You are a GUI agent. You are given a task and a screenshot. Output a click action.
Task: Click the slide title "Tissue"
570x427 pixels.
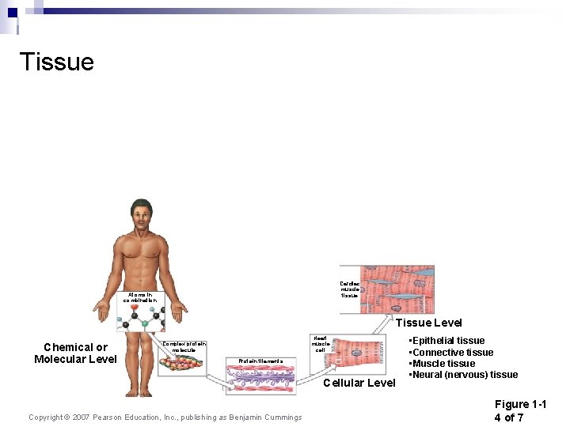pos(56,62)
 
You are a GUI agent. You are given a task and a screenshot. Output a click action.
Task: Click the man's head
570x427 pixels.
pos(142,214)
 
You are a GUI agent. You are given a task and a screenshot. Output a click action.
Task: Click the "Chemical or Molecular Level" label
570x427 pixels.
pos(75,353)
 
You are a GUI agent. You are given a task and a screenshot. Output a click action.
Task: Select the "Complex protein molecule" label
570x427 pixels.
pos(184,346)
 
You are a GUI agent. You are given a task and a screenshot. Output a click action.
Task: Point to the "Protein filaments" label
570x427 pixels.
pos(260,361)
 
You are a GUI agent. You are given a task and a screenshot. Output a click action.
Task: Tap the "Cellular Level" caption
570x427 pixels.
pos(360,383)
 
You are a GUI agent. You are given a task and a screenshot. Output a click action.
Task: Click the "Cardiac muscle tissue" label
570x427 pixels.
pos(349,289)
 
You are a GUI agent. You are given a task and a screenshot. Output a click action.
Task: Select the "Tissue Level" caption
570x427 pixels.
pos(428,322)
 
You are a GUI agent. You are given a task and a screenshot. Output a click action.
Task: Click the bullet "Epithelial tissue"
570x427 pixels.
pos(446,341)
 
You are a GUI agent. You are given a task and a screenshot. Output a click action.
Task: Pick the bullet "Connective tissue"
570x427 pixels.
pos(450,352)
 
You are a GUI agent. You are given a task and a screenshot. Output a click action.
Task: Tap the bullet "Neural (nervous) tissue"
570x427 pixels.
pos(463,374)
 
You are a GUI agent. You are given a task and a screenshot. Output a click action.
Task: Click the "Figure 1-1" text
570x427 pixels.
pos(520,404)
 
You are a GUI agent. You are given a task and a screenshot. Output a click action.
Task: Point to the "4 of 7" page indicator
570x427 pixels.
pos(508,418)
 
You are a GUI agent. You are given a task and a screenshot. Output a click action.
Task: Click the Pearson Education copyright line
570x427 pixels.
pos(165,418)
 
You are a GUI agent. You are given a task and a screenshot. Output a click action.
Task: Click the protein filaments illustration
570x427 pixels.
pos(260,380)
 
